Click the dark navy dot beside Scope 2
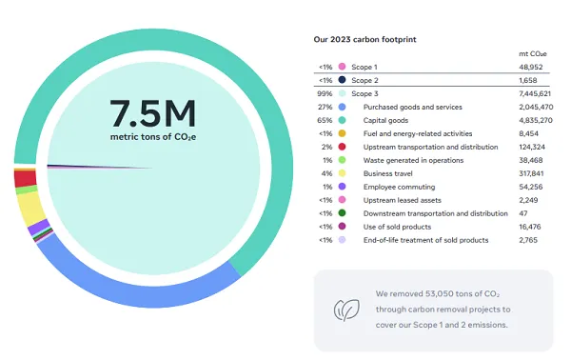(341, 82)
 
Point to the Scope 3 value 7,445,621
(531, 94)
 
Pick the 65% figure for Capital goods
(325, 121)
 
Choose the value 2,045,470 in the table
(531, 108)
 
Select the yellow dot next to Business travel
(341, 173)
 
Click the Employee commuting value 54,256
(536, 187)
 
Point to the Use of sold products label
(398, 227)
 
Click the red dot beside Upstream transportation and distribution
(341, 148)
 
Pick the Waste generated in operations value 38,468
(536, 161)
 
